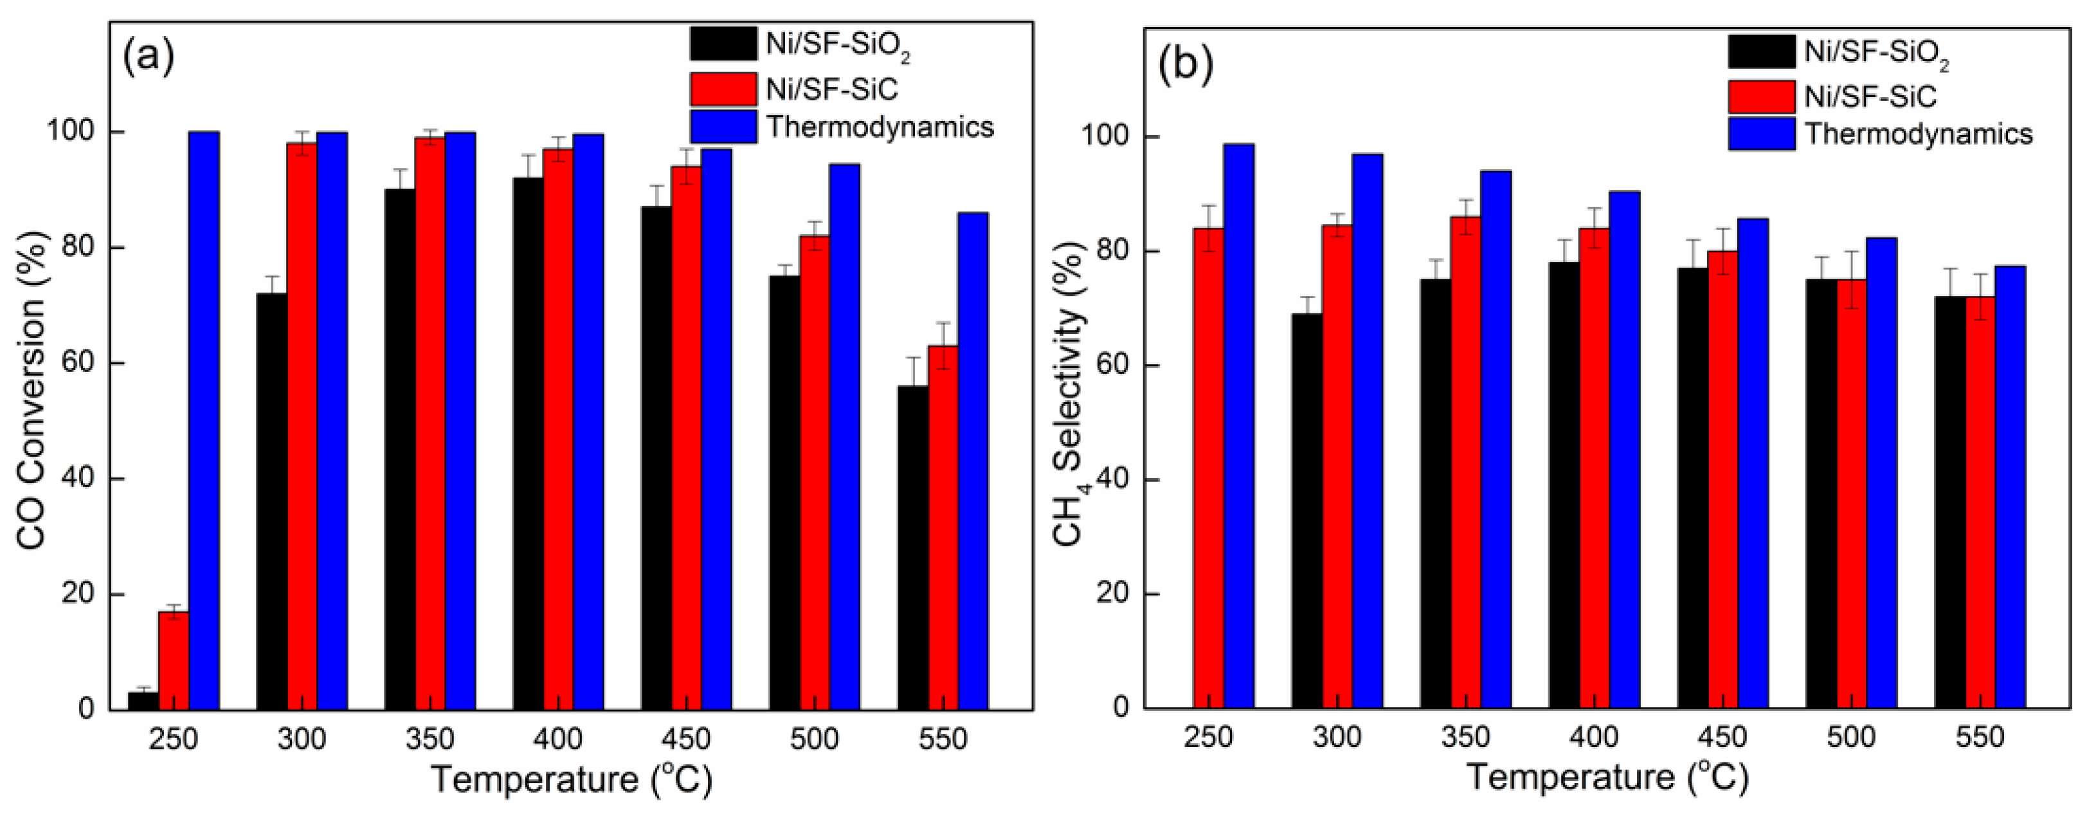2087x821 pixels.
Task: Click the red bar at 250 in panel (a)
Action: [x=174, y=661]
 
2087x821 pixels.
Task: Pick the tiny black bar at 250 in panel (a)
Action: [x=143, y=701]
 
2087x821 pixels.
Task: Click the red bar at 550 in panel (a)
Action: [x=943, y=527]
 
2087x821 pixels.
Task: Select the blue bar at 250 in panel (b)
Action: [x=1239, y=425]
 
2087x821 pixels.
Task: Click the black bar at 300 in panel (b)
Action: [x=1307, y=511]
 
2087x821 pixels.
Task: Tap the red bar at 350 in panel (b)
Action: [x=1466, y=462]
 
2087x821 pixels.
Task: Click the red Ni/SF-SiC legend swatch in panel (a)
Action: [x=723, y=89]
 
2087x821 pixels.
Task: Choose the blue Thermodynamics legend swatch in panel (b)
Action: [x=1760, y=134]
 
